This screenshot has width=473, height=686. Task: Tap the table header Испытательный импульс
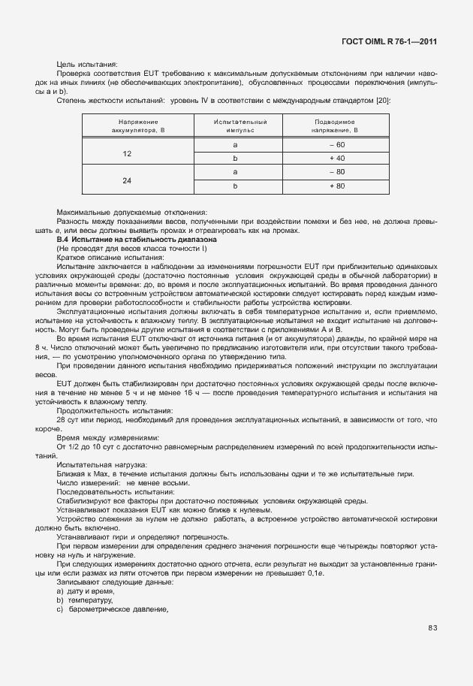tap(235, 125)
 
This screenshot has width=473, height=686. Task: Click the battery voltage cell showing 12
tap(127, 152)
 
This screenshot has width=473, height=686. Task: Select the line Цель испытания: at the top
tap(88, 65)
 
